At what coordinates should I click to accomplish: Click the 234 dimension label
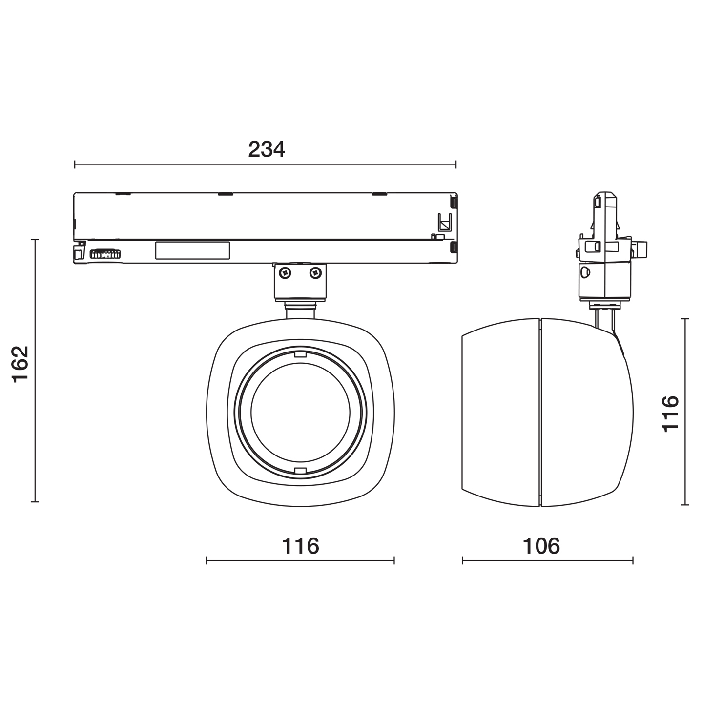pos(267,149)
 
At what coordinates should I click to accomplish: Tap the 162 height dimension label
pos(21,364)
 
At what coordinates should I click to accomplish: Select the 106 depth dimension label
pos(541,546)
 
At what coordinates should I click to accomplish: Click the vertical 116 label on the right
pos(670,414)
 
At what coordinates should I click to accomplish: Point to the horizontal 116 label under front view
pos(300,546)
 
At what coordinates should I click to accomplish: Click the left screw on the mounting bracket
pos(286,272)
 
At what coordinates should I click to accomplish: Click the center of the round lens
pos(300,412)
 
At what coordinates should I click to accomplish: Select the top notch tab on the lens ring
pos(300,354)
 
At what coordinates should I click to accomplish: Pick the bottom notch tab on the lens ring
pos(300,471)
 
